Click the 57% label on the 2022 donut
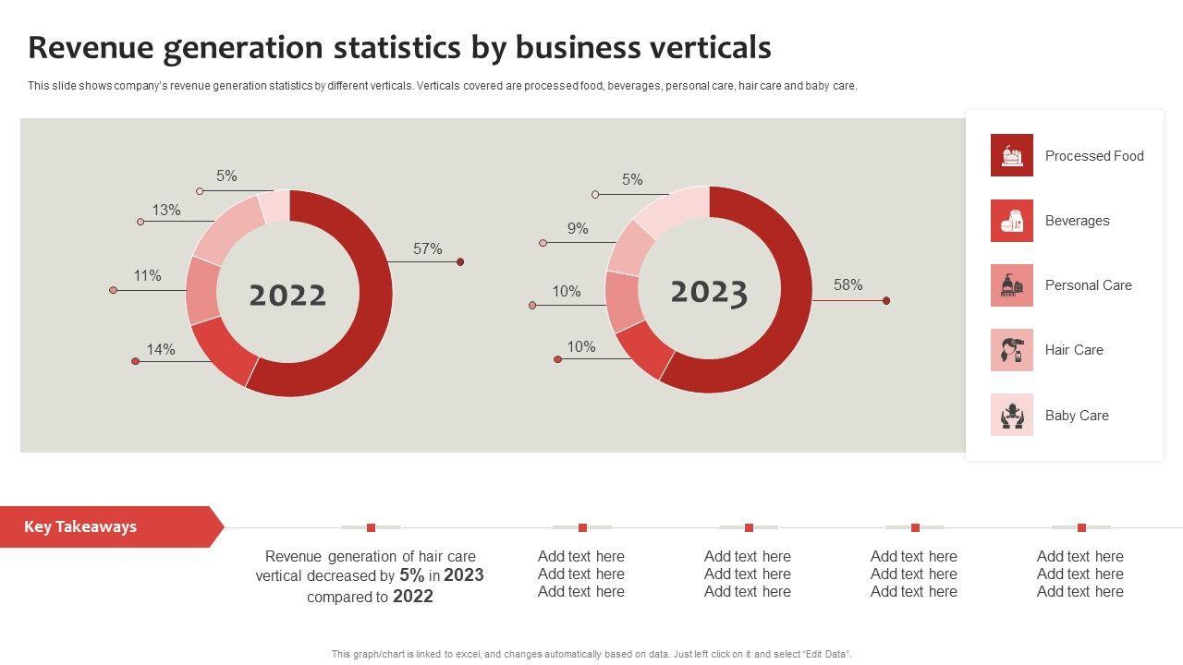pyautogui.click(x=427, y=249)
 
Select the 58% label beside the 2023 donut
pyautogui.click(x=848, y=285)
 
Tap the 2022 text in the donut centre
pyautogui.click(x=287, y=296)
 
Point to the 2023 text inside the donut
pyautogui.click(x=708, y=292)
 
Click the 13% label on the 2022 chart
pyautogui.click(x=166, y=211)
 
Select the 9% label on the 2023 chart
pyautogui.click(x=578, y=229)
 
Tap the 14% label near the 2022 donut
pyautogui.click(x=160, y=350)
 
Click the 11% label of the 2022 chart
pyautogui.click(x=147, y=276)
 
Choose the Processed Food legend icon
pyautogui.click(x=1011, y=155)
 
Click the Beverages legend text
pyautogui.click(x=1077, y=221)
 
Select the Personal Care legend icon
pyautogui.click(x=1011, y=285)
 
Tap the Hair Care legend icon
pyautogui.click(x=1011, y=350)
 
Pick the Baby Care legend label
pyautogui.click(x=1077, y=416)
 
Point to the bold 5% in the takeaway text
pyautogui.click(x=411, y=575)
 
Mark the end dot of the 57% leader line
pyautogui.click(x=460, y=262)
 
